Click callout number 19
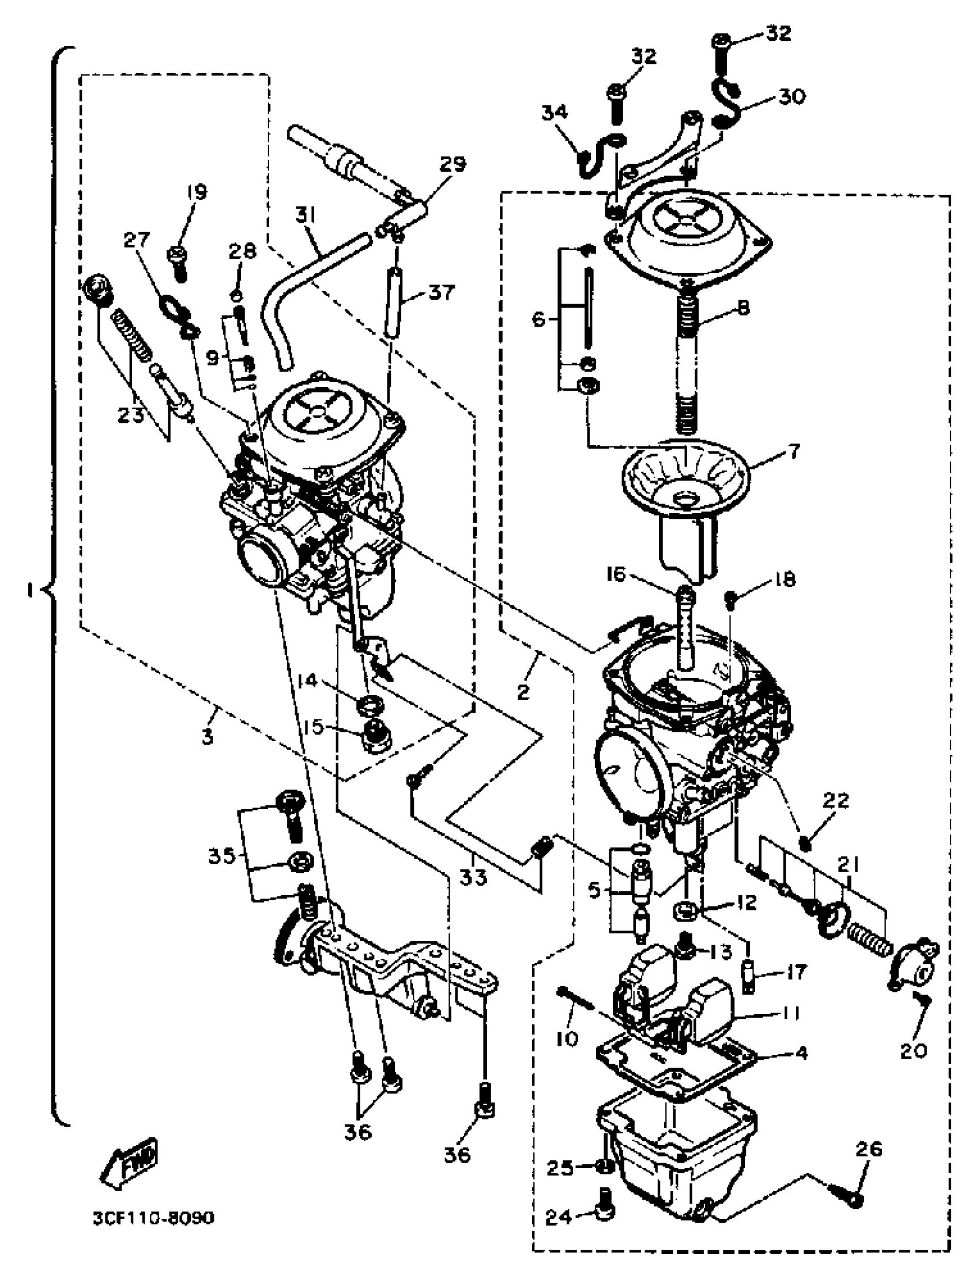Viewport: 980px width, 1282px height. [x=197, y=192]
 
